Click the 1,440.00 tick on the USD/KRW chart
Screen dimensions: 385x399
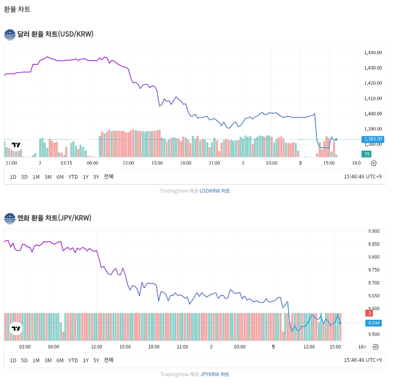[373, 53]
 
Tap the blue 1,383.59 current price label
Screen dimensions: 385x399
[373, 139]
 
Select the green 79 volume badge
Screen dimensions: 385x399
[367, 154]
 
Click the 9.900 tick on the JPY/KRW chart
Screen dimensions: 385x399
[374, 231]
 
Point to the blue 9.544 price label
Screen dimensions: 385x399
[374, 323]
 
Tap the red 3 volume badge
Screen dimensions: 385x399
[370, 313]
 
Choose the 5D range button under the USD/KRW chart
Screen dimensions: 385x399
[24, 177]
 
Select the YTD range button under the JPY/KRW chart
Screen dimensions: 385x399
[73, 360]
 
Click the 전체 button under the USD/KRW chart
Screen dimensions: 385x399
[109, 177]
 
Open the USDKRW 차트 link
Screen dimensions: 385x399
[215, 191]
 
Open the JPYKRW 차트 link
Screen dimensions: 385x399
[215, 374]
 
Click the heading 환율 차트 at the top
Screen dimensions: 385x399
[17, 9]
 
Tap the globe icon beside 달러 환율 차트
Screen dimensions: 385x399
[10, 35]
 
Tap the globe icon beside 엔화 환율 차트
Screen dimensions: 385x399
[10, 218]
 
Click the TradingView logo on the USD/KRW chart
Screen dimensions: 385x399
[16, 145]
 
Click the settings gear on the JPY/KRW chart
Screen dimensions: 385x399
[375, 347]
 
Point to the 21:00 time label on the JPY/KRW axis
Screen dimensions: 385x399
[182, 347]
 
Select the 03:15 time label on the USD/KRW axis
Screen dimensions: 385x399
[66, 163]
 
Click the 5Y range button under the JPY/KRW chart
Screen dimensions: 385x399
[96, 360]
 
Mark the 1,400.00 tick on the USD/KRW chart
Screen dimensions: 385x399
[373, 114]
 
